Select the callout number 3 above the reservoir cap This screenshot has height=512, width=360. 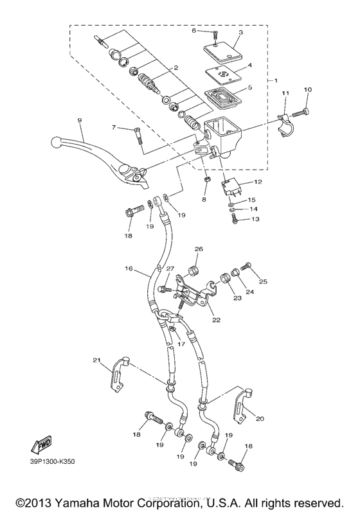click(x=240, y=32)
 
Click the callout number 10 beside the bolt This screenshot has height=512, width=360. click(x=307, y=89)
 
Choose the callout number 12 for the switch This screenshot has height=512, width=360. click(x=257, y=182)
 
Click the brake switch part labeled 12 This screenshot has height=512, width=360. click(x=232, y=187)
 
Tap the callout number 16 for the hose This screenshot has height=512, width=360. click(x=129, y=269)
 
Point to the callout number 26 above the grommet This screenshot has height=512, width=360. click(x=199, y=249)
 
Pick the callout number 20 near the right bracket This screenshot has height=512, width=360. click(x=260, y=418)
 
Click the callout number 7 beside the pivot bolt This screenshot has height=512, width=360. click(x=114, y=128)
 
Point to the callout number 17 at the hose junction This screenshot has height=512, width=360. click(x=181, y=344)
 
